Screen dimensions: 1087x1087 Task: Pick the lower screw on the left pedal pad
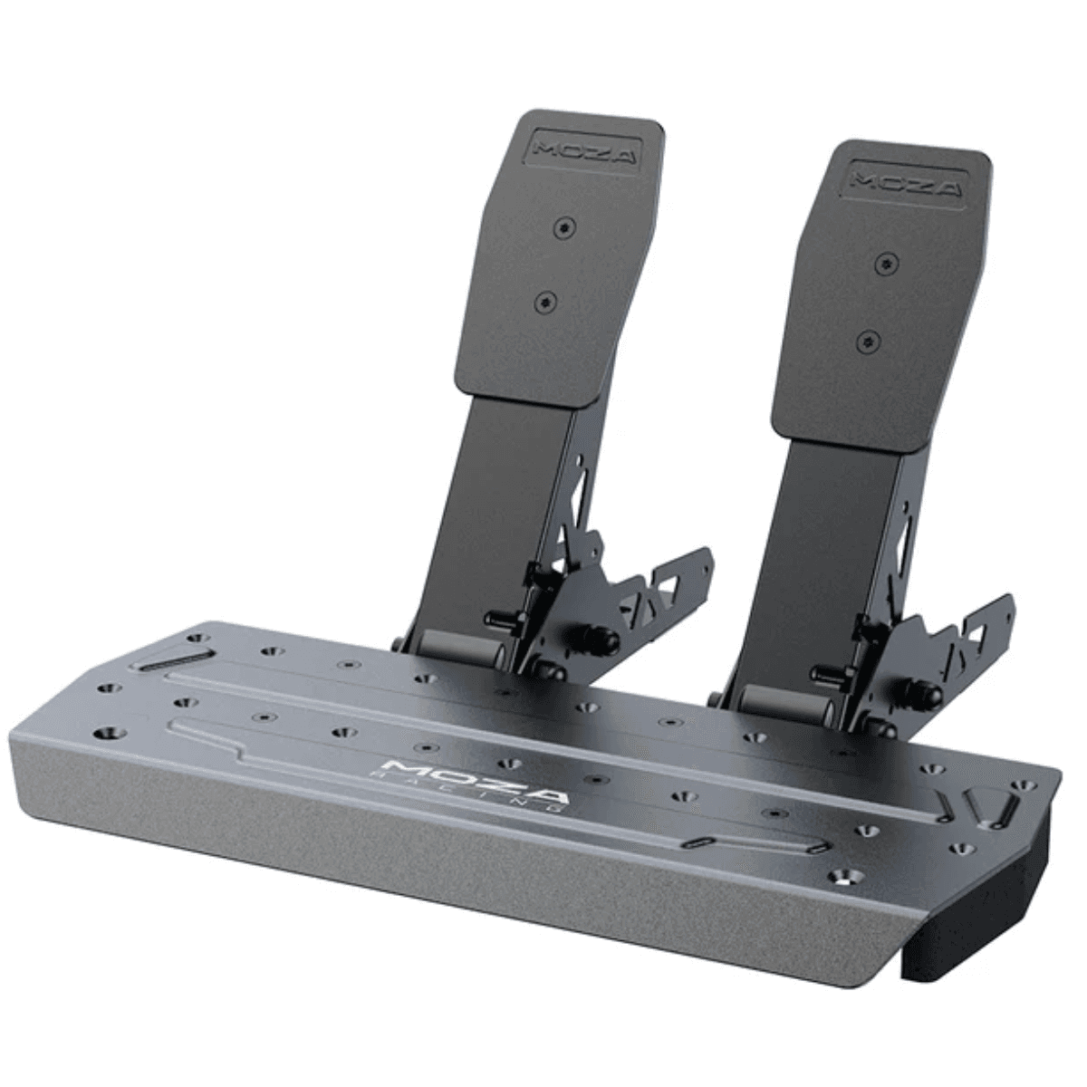(546, 302)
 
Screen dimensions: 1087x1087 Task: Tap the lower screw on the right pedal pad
(870, 341)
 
